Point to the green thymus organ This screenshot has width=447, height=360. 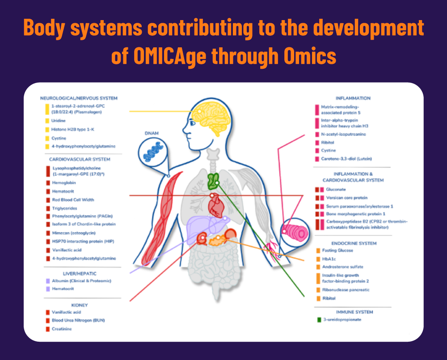point(213,180)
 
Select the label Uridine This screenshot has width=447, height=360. point(59,121)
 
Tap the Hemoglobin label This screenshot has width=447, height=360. point(64,183)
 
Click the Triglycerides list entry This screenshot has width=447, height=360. point(64,208)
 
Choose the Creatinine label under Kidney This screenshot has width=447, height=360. point(62,329)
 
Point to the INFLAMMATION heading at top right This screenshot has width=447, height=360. point(353,98)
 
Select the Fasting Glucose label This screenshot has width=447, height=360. point(337,251)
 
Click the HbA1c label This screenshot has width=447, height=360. point(329,259)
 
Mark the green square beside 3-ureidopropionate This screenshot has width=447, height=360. point(319,319)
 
